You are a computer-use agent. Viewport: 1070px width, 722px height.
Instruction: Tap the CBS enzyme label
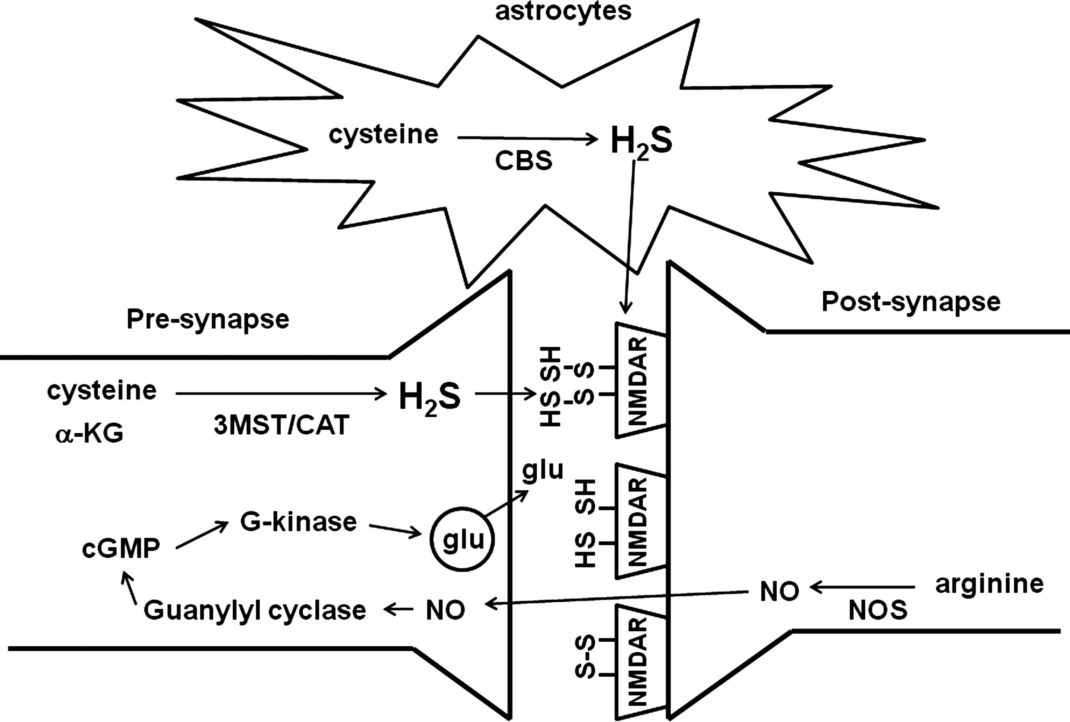tap(523, 161)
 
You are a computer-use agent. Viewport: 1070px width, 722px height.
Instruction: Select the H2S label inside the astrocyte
tap(641, 141)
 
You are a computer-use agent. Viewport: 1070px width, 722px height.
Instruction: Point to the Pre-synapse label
tap(208, 319)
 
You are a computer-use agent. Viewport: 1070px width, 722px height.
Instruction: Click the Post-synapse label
tap(911, 302)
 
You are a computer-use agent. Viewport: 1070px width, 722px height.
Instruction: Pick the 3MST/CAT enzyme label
tap(281, 425)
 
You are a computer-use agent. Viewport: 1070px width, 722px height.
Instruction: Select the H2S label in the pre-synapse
tap(429, 397)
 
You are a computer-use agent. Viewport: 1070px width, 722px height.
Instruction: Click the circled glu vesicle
tap(462, 539)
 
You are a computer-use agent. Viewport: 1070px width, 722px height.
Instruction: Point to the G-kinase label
tap(298, 522)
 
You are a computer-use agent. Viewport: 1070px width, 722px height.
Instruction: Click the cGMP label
tap(121, 548)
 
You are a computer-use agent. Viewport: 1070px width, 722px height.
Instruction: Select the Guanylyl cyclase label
tap(255, 610)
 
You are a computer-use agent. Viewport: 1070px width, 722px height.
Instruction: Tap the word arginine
tap(989, 584)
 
